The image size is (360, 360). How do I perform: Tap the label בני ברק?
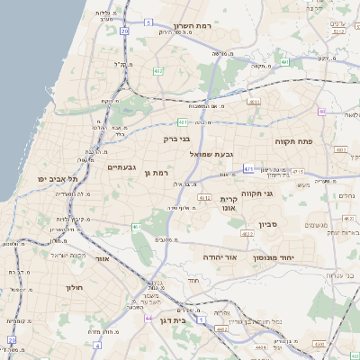[176, 139]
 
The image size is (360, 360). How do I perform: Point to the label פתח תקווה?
[293, 142]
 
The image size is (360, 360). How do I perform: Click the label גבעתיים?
[121, 167]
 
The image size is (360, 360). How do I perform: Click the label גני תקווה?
[256, 193]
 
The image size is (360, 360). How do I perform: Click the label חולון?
[74, 287]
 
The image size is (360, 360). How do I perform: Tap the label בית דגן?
[184, 319]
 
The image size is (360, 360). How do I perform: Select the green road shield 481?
[183, 121]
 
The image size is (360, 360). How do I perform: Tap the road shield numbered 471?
[248, 167]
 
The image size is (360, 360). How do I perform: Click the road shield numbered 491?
[284, 63]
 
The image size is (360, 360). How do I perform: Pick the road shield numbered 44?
[148, 318]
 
